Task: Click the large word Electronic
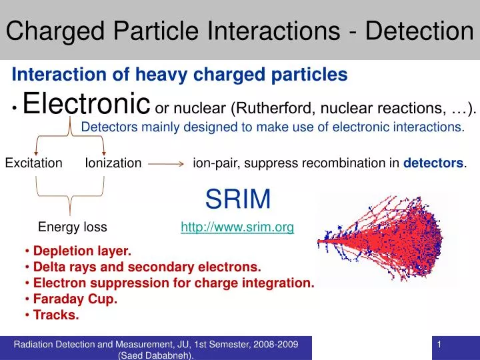(85, 104)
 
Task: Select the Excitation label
(34, 163)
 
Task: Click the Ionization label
(113, 163)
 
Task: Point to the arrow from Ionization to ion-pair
(166, 163)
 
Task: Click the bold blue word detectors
(434, 163)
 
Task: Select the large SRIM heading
(238, 198)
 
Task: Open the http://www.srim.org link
(237, 227)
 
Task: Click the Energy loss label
(72, 227)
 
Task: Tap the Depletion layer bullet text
(82, 251)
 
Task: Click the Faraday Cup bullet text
(75, 299)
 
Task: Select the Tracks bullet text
(56, 315)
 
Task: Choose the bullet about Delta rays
(147, 267)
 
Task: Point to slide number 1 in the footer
(441, 344)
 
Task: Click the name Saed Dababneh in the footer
(157, 355)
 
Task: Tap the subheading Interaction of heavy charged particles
(179, 75)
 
